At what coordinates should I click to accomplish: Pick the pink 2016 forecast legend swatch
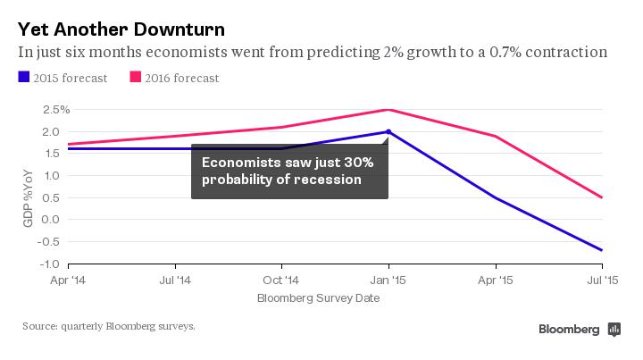click(137, 78)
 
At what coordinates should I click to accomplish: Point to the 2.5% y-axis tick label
click(42, 110)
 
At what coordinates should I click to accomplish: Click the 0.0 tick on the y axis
click(48, 220)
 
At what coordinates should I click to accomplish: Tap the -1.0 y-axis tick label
click(46, 264)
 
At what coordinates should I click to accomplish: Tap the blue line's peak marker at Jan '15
click(388, 131)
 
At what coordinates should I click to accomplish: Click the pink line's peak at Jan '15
click(388, 110)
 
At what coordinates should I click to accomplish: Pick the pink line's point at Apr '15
click(496, 136)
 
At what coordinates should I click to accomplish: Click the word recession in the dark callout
click(328, 180)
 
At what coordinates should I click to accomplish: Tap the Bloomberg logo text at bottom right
click(568, 330)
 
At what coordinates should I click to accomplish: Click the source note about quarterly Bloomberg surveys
click(109, 327)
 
